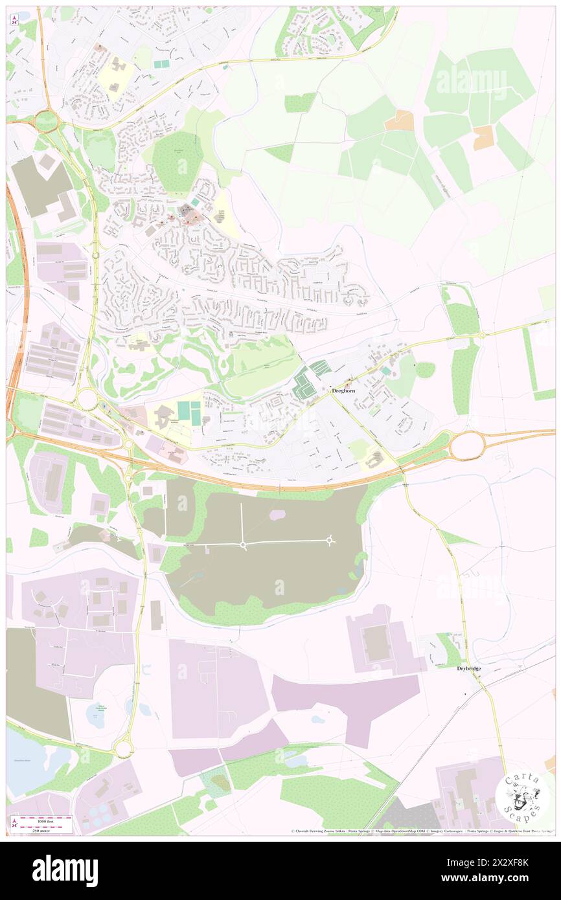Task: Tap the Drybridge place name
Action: [468, 668]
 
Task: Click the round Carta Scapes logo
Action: [522, 797]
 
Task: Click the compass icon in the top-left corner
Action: [15, 21]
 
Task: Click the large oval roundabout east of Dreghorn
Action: [467, 445]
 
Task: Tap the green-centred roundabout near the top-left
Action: [47, 120]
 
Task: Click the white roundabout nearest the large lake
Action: [123, 748]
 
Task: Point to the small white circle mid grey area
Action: [243, 546]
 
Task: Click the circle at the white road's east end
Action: [330, 539]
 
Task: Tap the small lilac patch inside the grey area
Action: [277, 515]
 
